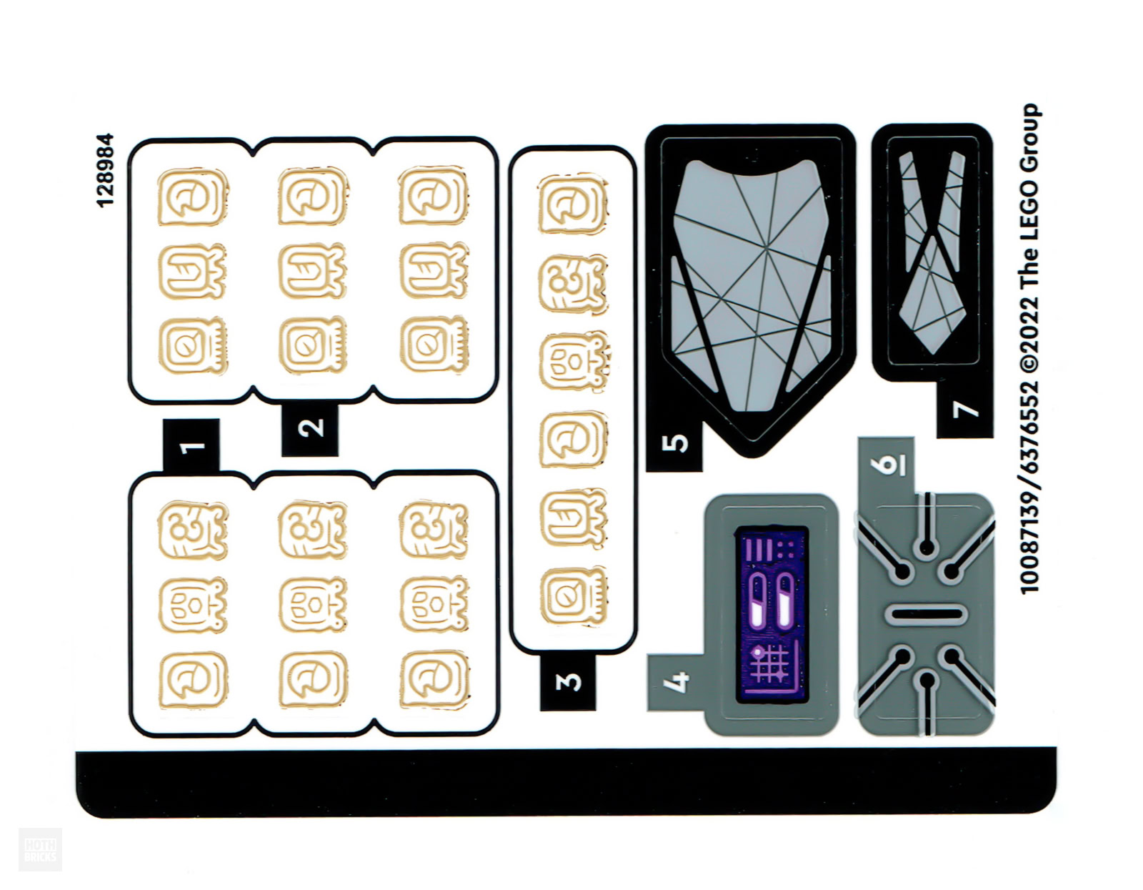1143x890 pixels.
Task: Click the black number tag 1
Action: coord(191,446)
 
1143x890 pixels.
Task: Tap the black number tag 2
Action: coord(310,429)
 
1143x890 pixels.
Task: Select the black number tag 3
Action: coord(568,681)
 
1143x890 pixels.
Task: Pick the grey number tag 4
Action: coord(675,682)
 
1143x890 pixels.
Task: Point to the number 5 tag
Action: coord(674,445)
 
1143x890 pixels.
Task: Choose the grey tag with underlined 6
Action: coord(886,465)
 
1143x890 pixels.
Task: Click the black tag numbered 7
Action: coord(964,410)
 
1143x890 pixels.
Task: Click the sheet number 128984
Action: coord(105,170)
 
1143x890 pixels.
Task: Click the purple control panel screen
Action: coord(772,614)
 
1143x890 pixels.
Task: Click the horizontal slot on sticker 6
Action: coord(926,614)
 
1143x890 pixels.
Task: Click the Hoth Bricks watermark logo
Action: coord(40,849)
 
